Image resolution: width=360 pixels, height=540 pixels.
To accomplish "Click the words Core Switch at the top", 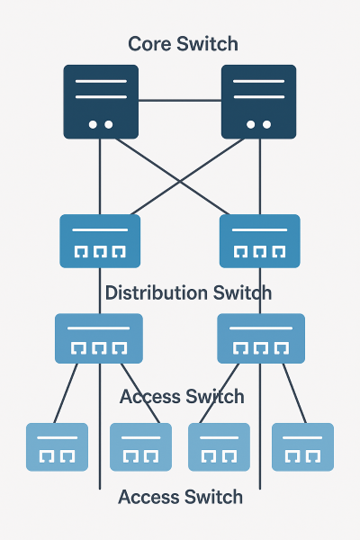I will click(183, 43).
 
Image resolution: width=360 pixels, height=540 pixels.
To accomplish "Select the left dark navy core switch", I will click(101, 102).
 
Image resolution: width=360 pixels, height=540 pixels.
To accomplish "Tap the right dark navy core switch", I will click(258, 102).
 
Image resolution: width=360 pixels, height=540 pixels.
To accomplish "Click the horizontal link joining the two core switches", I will click(179, 101).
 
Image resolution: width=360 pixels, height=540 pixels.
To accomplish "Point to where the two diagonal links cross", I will click(180, 183).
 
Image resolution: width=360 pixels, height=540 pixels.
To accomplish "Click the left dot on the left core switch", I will click(93, 125).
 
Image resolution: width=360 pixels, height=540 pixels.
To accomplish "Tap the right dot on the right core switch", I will click(265, 125).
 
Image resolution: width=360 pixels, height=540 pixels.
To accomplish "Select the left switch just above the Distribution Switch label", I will click(100, 241).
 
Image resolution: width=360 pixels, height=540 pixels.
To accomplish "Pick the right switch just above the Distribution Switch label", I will click(260, 241).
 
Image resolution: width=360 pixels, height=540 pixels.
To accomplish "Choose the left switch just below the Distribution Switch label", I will click(99, 338).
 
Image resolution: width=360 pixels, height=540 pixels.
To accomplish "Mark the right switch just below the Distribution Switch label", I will click(261, 338).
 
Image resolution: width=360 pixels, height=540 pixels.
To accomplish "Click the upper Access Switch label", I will click(181, 396).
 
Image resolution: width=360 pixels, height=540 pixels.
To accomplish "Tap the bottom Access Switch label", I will click(180, 497).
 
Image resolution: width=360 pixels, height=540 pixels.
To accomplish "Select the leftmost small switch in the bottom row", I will click(58, 447).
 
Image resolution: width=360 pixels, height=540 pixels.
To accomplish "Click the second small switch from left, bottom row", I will click(140, 447).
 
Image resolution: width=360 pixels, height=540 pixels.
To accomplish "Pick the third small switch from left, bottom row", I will click(219, 447).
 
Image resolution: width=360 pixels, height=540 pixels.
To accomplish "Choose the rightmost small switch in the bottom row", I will click(302, 447).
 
